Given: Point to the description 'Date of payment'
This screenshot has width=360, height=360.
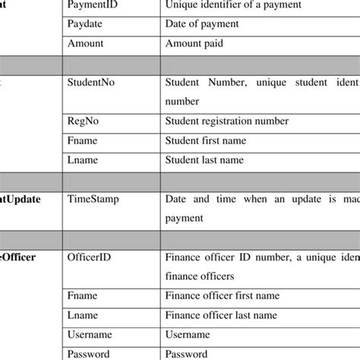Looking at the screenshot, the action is [202, 24].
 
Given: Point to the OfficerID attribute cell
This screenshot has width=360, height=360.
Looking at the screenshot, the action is [90, 257].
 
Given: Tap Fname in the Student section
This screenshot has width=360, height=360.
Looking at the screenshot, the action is [82, 141].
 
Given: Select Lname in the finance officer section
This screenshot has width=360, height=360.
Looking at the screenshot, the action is [81, 314].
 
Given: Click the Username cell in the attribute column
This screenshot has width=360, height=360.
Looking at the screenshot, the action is [90, 334].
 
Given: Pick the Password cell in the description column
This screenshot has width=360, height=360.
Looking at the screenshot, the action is [186, 354].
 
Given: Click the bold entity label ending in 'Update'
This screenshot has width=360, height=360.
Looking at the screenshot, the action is [30, 198].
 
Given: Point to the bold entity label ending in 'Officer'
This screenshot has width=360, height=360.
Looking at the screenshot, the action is [23, 257].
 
